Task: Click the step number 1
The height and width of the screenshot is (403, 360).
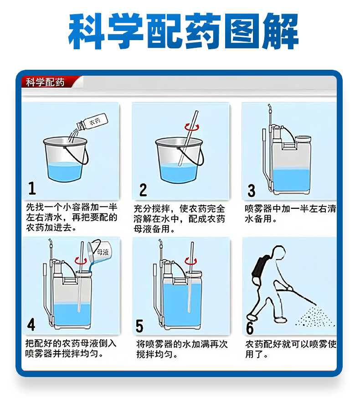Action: point(32,188)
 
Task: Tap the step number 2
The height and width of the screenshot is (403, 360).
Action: point(143,190)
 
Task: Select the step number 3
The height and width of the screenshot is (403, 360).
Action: point(251,191)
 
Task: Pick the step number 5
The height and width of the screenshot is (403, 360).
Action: point(139,326)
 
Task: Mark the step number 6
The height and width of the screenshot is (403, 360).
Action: point(250,328)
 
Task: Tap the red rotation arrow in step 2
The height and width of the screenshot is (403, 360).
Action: point(192,127)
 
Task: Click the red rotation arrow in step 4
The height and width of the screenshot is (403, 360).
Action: point(81,261)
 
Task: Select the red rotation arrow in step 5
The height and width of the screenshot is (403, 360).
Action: point(190,262)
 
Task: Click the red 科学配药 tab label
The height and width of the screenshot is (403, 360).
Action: point(45,83)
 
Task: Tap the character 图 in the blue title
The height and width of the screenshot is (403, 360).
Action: point(241,31)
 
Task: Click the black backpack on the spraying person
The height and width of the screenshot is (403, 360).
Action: point(261,267)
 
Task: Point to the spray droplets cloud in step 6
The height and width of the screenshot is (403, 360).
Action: point(315,316)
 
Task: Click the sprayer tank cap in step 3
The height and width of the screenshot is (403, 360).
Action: point(303,139)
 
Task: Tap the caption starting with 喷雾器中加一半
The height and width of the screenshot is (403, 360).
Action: point(290,213)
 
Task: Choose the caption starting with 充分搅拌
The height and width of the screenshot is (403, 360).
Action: point(180,219)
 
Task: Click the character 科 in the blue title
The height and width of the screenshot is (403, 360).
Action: point(87,31)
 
